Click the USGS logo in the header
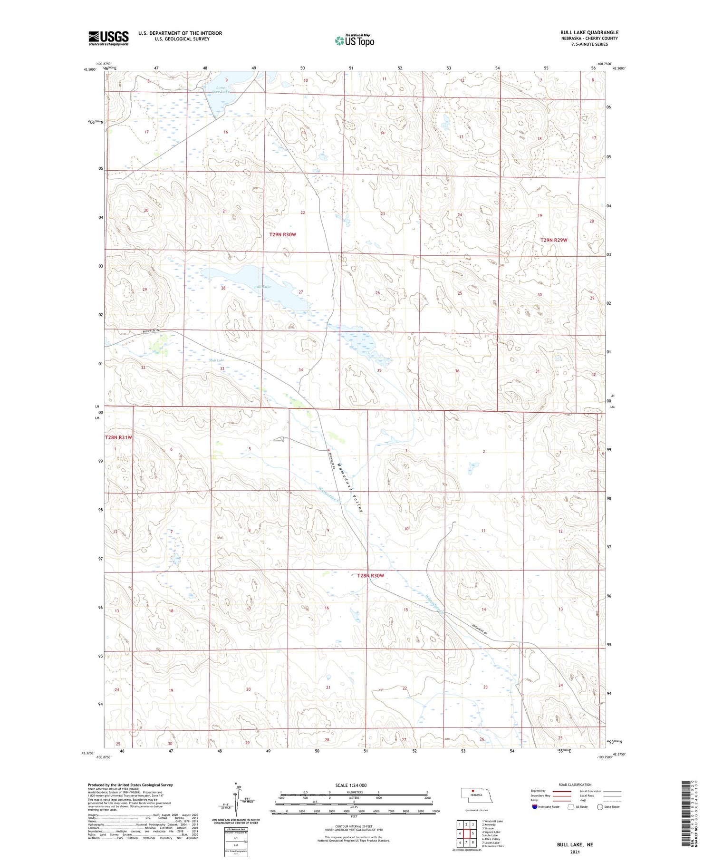108,38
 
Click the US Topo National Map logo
355,41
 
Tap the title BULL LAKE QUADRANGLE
589,32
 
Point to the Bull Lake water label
262,287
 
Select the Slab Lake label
216,360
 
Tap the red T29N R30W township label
282,234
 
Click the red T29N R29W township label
553,240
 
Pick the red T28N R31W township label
118,437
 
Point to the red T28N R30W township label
370,576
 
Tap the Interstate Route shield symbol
535,807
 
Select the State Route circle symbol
600,807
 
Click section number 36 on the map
457,371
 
